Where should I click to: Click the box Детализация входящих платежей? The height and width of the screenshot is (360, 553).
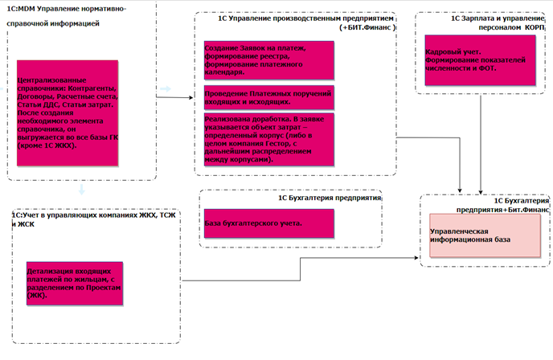(x=75, y=284)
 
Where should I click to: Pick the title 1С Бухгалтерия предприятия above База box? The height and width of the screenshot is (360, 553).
(x=330, y=195)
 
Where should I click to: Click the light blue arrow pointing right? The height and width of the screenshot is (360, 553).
(x=166, y=88)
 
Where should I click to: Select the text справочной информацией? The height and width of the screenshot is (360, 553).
(x=53, y=24)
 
